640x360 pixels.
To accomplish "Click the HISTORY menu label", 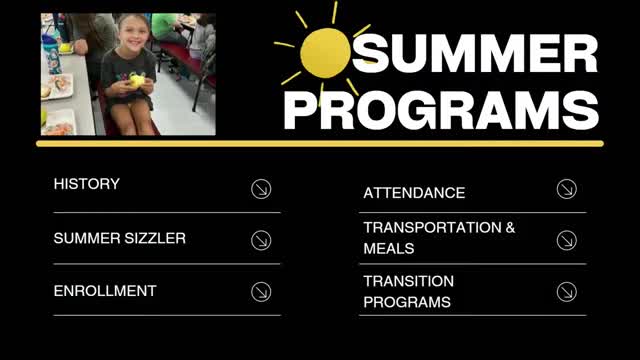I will coord(86,185).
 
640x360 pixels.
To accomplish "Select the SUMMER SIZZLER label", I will coord(119,239).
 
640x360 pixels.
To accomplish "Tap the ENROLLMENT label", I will coord(105,291).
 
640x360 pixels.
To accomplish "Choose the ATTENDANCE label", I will coord(414,193).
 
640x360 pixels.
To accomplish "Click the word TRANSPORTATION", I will coord(431,228).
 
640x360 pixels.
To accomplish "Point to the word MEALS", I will coord(389,248).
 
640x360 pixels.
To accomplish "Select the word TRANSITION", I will coord(408,282).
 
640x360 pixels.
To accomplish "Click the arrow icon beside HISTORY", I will coord(261,188).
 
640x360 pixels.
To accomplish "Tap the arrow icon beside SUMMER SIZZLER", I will coord(261,240).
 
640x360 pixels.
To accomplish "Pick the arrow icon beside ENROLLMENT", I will coord(261,292).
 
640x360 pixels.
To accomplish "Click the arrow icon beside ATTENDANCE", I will coord(566,188).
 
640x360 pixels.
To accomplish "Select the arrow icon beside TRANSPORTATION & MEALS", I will coord(566,240).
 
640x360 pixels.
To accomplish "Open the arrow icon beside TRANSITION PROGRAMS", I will coord(566,292).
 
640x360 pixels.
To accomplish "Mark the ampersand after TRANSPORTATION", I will coord(510,228).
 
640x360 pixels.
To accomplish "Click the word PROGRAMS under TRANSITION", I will coord(406,302).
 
